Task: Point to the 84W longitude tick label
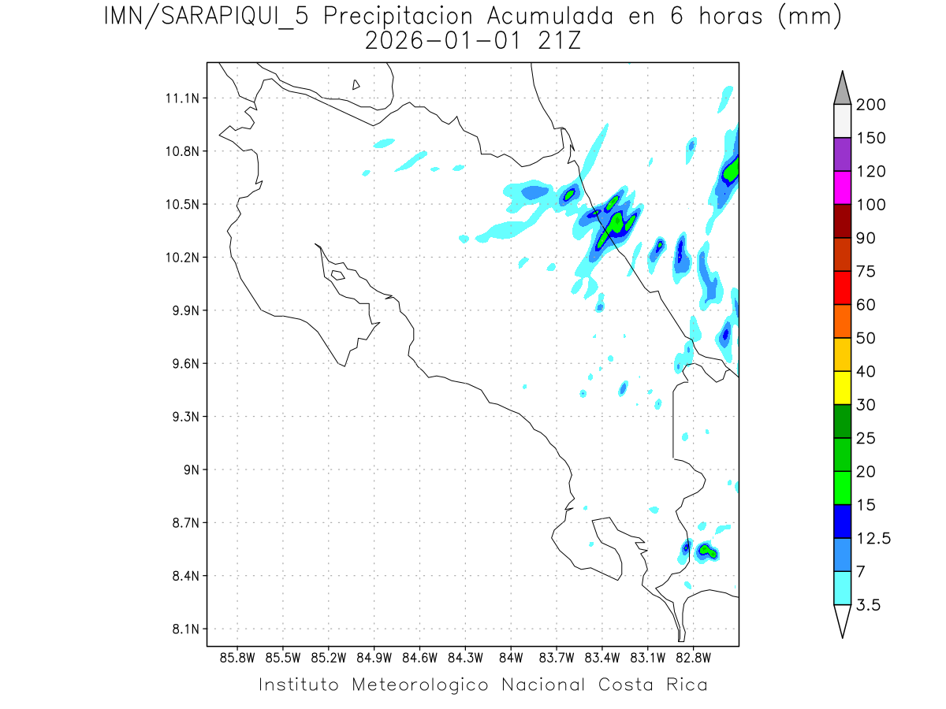pos(511,657)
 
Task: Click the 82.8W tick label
pos(693,657)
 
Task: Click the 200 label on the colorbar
pos(870,105)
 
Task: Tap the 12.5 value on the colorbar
pos(873,538)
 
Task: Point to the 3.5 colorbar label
pos(870,605)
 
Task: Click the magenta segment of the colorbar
pos(842,187)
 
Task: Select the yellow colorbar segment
pos(842,388)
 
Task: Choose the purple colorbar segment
pos(842,154)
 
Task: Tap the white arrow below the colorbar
pos(842,620)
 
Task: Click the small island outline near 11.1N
pos(356,84)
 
